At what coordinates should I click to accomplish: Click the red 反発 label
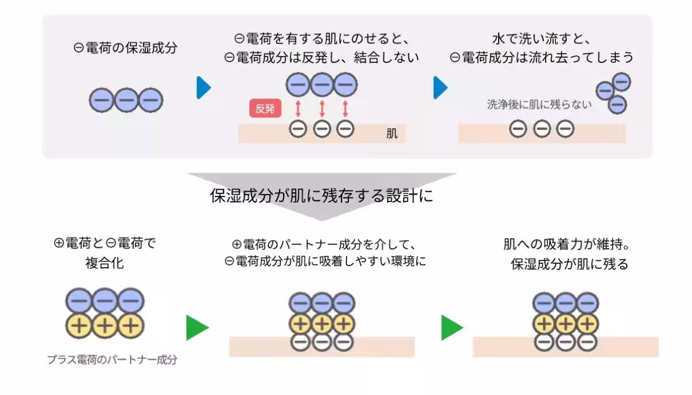[265, 108]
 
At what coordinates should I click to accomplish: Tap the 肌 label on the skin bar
[392, 134]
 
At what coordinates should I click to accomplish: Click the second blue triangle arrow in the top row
[440, 88]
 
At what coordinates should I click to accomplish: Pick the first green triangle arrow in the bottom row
[197, 328]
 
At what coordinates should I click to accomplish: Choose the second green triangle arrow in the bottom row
[452, 328]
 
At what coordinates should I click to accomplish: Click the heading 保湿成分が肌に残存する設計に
[321, 196]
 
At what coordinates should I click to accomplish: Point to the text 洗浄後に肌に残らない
[539, 105]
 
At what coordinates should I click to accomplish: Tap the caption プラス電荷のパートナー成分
[112, 360]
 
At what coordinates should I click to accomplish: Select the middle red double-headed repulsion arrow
[322, 108]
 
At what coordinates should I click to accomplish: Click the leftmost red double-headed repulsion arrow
[298, 108]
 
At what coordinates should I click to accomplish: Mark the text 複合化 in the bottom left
[104, 264]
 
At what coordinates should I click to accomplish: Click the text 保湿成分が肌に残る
[569, 264]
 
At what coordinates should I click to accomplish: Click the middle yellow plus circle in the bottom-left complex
[104, 325]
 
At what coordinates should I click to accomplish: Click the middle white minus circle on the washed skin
[541, 130]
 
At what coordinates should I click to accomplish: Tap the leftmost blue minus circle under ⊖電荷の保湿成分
[101, 101]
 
